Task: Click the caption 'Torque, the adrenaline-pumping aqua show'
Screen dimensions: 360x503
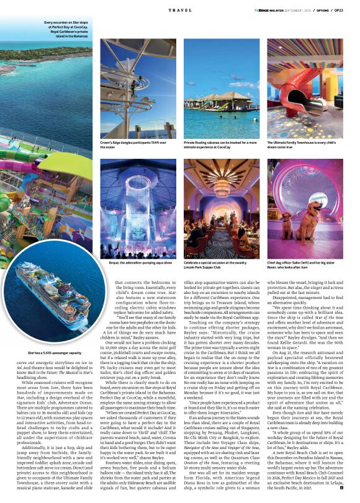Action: click(x=132, y=263)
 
